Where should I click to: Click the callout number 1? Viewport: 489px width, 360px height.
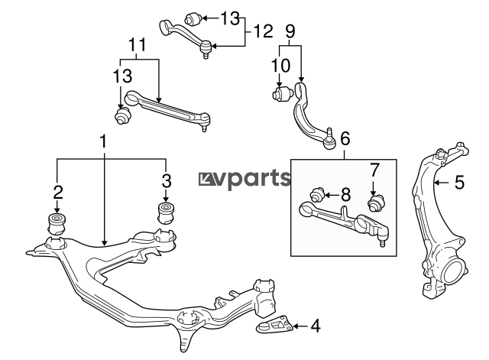tap(103, 142)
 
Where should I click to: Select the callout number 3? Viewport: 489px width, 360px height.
tap(167, 180)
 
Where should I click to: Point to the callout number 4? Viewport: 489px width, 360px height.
tap(316, 326)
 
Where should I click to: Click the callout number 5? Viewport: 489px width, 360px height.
tap(459, 182)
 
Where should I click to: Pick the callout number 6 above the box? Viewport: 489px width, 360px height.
tap(345, 138)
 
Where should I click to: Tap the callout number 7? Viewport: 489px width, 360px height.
tap(374, 170)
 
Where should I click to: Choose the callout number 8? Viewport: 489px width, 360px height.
tap(345, 195)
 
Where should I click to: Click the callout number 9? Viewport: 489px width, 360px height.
tap(290, 31)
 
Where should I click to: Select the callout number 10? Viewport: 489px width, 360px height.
tap(280, 66)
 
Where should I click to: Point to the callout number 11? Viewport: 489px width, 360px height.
tap(138, 45)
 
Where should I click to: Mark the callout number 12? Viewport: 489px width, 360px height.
tap(263, 31)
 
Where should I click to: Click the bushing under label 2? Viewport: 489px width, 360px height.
tap(57, 224)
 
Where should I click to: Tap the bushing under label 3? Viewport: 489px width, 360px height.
tap(167, 212)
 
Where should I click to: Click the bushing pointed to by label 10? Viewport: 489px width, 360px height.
tap(283, 94)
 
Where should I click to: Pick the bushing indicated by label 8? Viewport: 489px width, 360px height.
tap(318, 195)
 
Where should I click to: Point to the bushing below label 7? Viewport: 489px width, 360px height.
tap(375, 203)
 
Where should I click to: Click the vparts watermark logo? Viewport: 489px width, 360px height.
tap(244, 180)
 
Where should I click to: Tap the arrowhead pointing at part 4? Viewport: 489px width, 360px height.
tap(296, 326)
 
